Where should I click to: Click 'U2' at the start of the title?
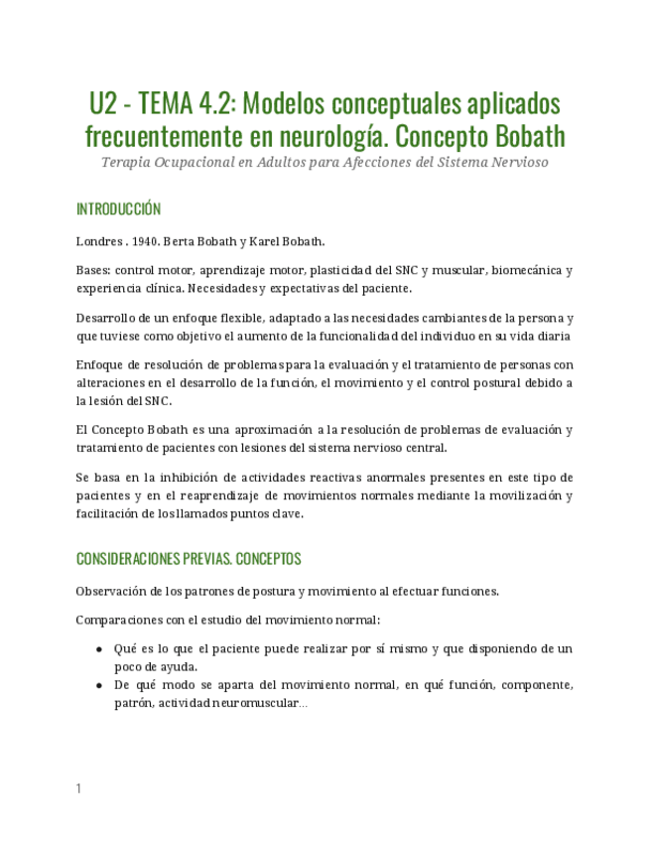pyautogui.click(x=104, y=104)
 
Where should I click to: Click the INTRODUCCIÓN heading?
pyautogui.click(x=118, y=210)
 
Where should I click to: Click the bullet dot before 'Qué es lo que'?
pyautogui.click(x=99, y=649)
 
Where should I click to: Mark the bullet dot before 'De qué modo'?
pyautogui.click(x=99, y=686)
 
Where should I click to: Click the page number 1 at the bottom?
pyautogui.click(x=78, y=788)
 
